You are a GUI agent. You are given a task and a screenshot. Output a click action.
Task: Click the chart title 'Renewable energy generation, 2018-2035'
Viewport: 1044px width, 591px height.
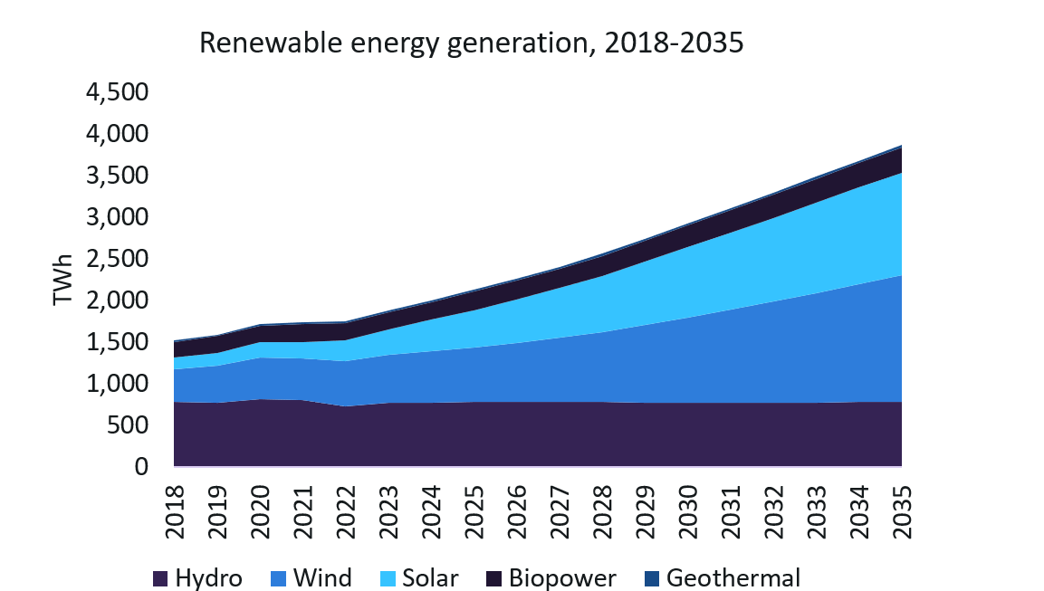[471, 43]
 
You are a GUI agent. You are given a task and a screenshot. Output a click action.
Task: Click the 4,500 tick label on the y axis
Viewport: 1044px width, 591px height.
[115, 92]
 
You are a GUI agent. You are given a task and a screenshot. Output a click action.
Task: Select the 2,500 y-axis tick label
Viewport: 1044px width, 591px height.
[115, 259]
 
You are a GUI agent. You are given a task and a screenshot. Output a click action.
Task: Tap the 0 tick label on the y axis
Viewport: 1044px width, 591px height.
[141, 467]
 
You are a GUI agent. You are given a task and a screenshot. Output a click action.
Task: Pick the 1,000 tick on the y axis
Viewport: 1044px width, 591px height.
[115, 384]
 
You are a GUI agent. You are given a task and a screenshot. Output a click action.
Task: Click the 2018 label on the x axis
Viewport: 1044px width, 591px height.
[174, 512]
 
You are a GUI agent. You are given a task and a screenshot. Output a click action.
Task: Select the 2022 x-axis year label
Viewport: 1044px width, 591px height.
[345, 512]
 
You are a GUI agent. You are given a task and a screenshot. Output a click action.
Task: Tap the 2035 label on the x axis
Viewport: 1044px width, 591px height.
[902, 512]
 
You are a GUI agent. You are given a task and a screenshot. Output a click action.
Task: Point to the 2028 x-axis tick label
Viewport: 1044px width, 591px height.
[602, 512]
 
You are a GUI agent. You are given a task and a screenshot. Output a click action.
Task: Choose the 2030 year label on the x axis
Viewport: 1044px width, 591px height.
[688, 512]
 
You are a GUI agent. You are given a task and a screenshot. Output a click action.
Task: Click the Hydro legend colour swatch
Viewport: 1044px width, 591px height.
[160, 578]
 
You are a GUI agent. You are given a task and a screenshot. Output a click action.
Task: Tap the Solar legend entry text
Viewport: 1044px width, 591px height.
[431, 578]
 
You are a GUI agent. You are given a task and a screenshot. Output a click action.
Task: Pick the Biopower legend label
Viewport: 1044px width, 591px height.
[562, 578]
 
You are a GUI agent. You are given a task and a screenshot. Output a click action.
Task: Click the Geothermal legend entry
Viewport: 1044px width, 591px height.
[733, 578]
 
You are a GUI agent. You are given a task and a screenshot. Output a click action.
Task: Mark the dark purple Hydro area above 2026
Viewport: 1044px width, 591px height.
[516, 434]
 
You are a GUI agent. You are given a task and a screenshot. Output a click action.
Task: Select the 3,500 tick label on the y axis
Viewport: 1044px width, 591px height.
[115, 176]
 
